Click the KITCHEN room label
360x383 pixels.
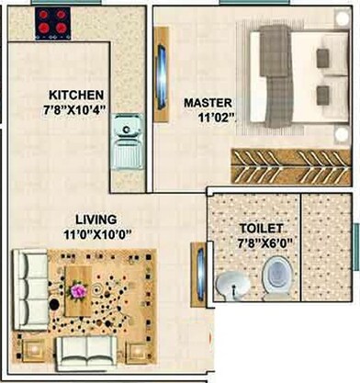(76, 95)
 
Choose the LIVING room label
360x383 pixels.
(96, 219)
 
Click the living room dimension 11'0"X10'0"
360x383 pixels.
(96, 233)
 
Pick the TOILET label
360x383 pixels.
(261, 228)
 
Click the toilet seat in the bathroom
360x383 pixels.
(276, 275)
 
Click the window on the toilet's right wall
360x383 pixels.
(356, 238)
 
